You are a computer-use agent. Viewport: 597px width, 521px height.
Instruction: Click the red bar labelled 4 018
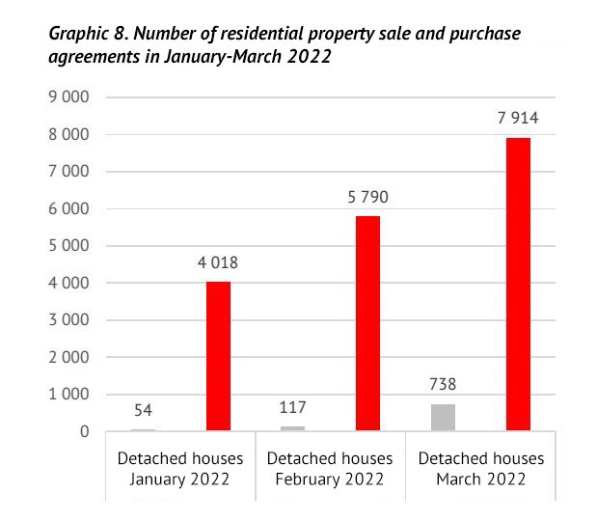[218, 356]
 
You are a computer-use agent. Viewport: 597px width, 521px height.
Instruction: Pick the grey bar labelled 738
[443, 417]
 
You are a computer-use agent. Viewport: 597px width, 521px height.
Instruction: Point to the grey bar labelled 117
[292, 427]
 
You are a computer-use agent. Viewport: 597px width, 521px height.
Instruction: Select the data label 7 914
[517, 119]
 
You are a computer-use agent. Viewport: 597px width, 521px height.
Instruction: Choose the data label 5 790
[367, 198]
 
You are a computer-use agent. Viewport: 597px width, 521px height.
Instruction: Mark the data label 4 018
[217, 263]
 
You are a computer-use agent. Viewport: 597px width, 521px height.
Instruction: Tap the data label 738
[443, 385]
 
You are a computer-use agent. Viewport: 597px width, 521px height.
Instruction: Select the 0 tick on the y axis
[85, 431]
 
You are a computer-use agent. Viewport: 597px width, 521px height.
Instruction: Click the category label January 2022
[180, 480]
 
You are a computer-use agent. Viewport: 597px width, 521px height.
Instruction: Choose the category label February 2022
[330, 480]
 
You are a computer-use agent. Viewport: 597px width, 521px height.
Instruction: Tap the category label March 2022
[480, 480]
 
